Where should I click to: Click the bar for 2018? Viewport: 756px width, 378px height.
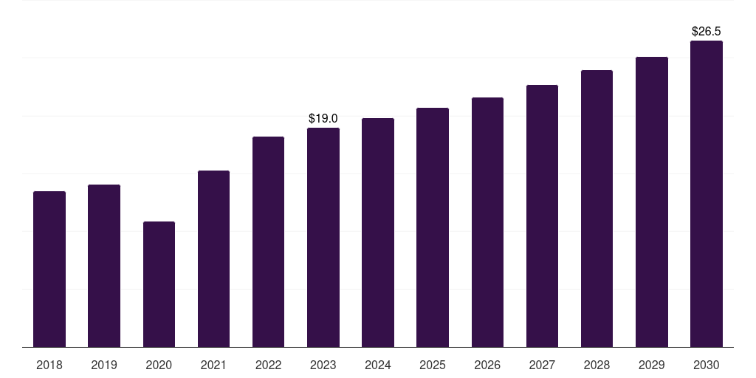[49, 269]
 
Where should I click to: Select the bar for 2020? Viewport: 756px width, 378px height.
[159, 284]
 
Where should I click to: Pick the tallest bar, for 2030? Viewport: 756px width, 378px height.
[707, 194]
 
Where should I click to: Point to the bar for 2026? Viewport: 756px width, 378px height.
[487, 222]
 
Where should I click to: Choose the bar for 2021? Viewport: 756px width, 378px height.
[213, 259]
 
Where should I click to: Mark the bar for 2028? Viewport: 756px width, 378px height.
[597, 209]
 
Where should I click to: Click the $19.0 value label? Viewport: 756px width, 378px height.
[323, 118]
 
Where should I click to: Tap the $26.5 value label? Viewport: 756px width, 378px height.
[707, 32]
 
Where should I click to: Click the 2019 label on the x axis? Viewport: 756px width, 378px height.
[104, 365]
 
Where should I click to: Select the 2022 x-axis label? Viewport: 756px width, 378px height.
[268, 365]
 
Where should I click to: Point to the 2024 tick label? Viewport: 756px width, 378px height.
[378, 365]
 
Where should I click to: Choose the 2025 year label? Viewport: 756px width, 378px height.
[433, 365]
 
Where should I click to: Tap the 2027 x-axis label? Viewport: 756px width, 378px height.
[542, 365]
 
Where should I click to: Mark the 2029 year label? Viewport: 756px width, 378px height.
[652, 365]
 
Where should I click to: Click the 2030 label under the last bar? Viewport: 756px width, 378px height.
[707, 365]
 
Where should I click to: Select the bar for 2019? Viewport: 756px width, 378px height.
[104, 266]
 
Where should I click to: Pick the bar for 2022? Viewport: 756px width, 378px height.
[268, 242]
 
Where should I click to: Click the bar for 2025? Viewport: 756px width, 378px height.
[433, 227]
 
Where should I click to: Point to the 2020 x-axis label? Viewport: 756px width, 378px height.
[159, 365]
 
